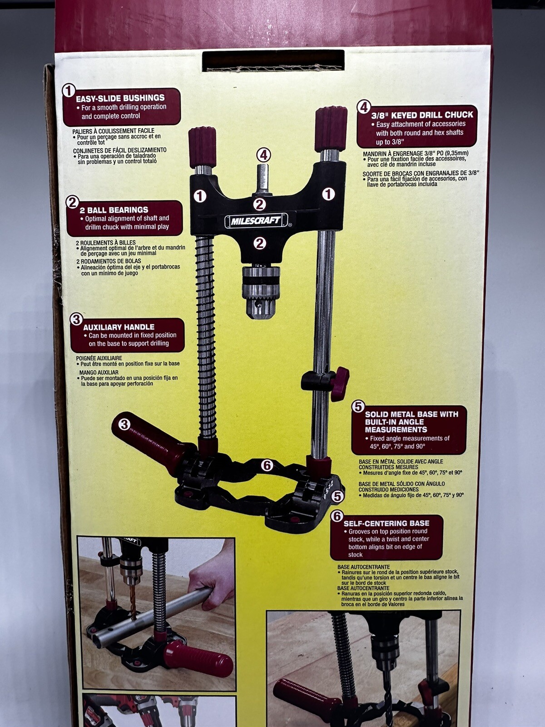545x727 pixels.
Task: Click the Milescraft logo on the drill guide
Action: coord(255,221)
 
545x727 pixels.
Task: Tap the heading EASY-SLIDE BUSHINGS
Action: coord(120,98)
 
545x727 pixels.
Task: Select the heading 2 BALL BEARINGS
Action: coord(114,210)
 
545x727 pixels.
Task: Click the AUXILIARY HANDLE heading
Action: coord(119,327)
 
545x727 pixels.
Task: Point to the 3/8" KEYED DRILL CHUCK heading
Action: coord(422,115)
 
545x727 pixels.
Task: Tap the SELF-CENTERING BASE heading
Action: coord(386,523)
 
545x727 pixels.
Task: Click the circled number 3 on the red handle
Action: coord(124,425)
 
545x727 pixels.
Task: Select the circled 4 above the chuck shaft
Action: coord(263,155)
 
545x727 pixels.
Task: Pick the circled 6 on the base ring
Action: coord(267,465)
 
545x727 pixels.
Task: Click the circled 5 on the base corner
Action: coord(337,496)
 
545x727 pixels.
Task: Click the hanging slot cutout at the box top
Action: coord(273,60)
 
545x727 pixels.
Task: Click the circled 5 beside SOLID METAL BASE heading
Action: coord(358,407)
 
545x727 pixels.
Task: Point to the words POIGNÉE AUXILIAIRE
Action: coord(99,358)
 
